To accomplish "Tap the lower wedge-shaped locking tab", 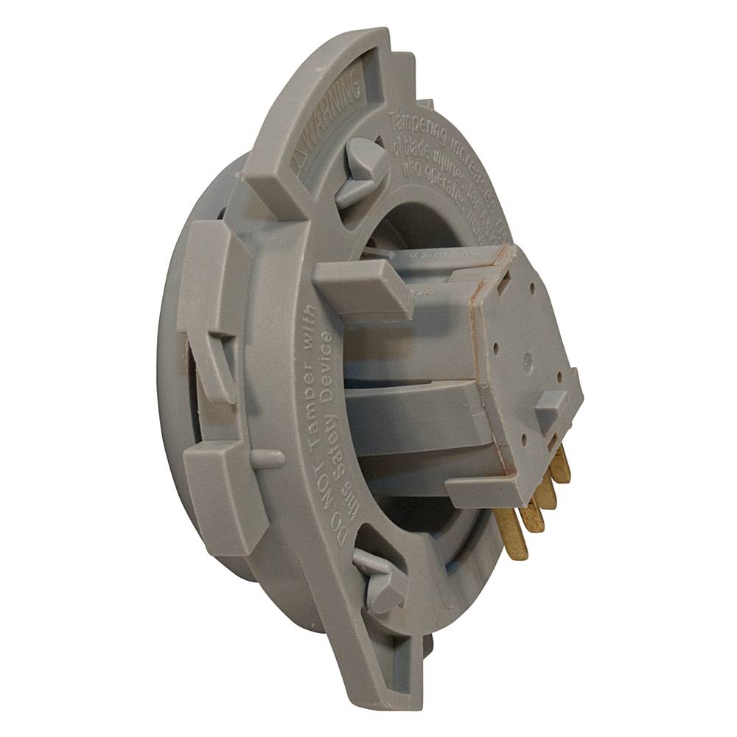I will pyautogui.click(x=380, y=578).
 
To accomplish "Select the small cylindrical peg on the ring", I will pyautogui.click(x=267, y=458).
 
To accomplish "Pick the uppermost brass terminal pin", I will pyautogui.click(x=561, y=464).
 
